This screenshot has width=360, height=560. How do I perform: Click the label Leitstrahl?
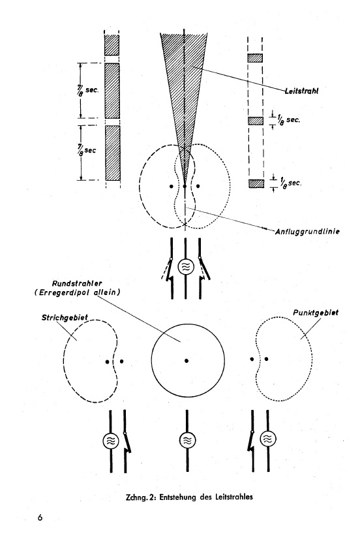(x=301, y=90)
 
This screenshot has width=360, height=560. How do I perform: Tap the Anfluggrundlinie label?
(x=307, y=232)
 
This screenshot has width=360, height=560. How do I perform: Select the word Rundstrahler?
(x=77, y=284)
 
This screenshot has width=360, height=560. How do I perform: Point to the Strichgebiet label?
(x=65, y=317)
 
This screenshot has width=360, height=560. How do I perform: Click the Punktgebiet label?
(x=316, y=313)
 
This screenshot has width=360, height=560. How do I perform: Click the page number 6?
(x=40, y=517)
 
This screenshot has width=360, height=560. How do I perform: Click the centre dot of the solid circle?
(x=187, y=361)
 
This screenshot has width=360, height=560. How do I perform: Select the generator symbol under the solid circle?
(x=187, y=441)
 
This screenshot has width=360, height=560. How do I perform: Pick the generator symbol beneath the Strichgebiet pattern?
(x=111, y=441)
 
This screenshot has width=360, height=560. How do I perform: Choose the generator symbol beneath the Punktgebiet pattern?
(x=268, y=439)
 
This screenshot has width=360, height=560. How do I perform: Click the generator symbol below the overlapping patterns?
(x=185, y=266)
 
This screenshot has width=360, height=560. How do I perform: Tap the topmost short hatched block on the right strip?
(x=255, y=58)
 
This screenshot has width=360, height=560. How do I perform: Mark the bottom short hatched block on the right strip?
(x=256, y=183)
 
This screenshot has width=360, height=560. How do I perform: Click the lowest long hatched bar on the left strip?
(x=113, y=153)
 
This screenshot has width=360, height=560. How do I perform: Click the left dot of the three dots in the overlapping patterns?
(x=172, y=186)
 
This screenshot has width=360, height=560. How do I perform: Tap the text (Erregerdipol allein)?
(x=78, y=292)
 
